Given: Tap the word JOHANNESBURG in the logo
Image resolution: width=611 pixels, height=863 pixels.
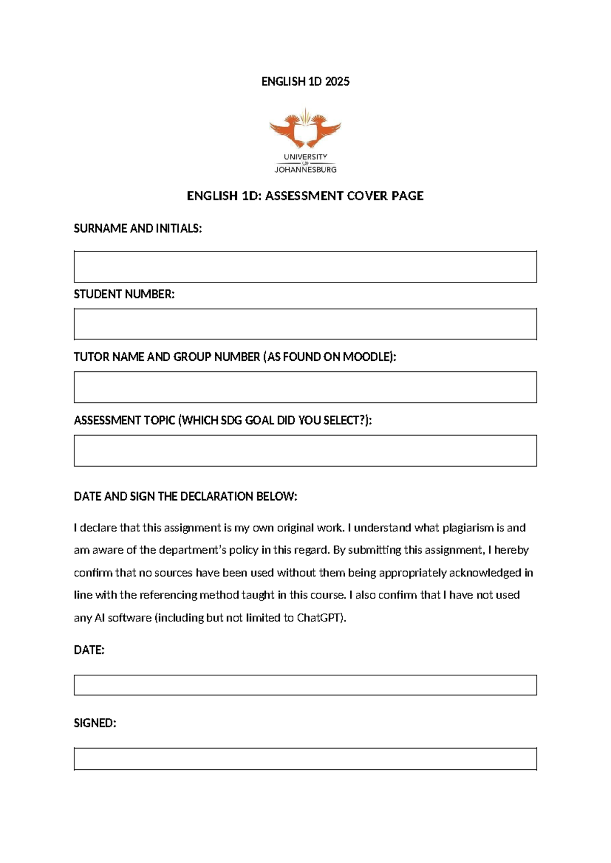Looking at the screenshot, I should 305,169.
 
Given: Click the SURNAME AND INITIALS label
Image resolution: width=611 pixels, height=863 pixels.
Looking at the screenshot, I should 137,228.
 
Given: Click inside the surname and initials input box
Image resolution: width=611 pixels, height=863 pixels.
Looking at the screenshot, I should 305,267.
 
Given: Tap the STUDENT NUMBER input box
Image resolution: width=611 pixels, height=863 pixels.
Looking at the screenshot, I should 305,324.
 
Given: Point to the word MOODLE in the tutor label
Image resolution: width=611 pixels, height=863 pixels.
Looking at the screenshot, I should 366,357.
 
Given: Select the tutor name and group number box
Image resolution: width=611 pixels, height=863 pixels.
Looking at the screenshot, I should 305,387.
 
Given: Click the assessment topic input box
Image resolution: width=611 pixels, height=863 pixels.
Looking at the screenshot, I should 305,451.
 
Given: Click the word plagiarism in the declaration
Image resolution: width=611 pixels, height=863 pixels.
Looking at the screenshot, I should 467,528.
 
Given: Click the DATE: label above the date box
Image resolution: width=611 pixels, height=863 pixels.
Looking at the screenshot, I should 89,650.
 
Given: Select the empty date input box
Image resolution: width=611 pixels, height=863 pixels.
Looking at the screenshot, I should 305,685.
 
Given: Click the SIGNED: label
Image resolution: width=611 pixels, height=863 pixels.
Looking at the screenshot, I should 95,723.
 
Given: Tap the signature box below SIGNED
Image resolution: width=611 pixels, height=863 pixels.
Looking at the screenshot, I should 305,759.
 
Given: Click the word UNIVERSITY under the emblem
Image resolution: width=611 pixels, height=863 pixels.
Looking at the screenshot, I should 305,157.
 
